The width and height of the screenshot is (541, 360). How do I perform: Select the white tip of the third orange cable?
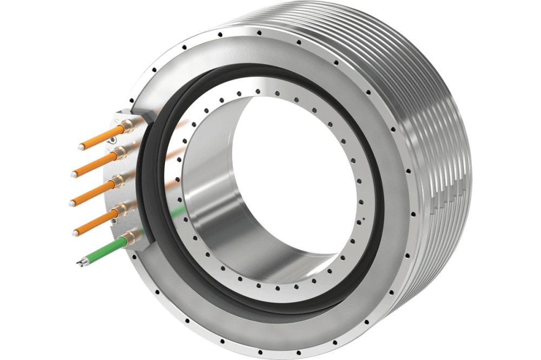[x=72, y=204]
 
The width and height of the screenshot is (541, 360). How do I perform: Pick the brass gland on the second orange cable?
[x=120, y=152]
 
